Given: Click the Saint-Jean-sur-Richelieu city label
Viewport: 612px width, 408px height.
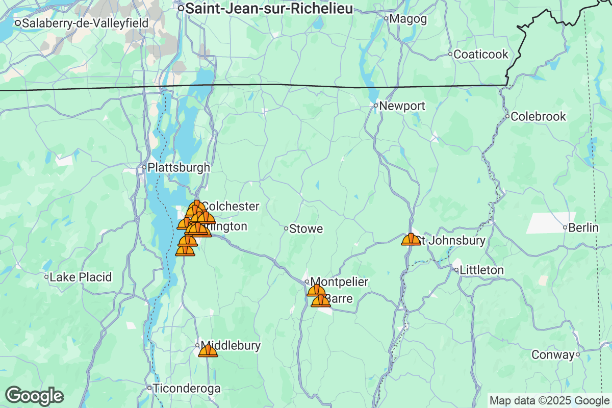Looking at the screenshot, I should pyautogui.click(x=269, y=9).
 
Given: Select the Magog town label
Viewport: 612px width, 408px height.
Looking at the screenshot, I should pyautogui.click(x=402, y=19).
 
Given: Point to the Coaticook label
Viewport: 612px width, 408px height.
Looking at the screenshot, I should pyautogui.click(x=481, y=54).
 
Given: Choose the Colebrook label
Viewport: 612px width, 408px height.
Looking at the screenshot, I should pyautogui.click(x=538, y=116).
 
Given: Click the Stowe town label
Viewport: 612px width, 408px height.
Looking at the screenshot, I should pyautogui.click(x=306, y=229).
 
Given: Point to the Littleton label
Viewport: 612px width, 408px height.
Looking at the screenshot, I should pyautogui.click(x=481, y=270).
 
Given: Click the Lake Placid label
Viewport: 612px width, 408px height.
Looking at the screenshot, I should pyautogui.click(x=81, y=277).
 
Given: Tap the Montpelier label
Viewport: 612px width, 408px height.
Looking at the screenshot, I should pyautogui.click(x=339, y=282).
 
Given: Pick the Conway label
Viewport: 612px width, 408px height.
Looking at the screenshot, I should pyautogui.click(x=553, y=354).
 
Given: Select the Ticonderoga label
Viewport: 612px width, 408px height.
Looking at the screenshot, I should pyautogui.click(x=187, y=389).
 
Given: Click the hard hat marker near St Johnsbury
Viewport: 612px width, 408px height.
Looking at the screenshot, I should pyautogui.click(x=411, y=239).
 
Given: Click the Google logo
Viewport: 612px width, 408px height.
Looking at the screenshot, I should pyautogui.click(x=35, y=396).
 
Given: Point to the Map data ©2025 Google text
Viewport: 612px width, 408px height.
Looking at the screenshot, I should pyautogui.click(x=549, y=400).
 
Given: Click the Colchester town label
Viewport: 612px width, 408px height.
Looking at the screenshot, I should pyautogui.click(x=231, y=207).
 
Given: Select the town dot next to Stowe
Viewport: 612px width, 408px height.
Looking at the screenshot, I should pyautogui.click(x=286, y=228).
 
